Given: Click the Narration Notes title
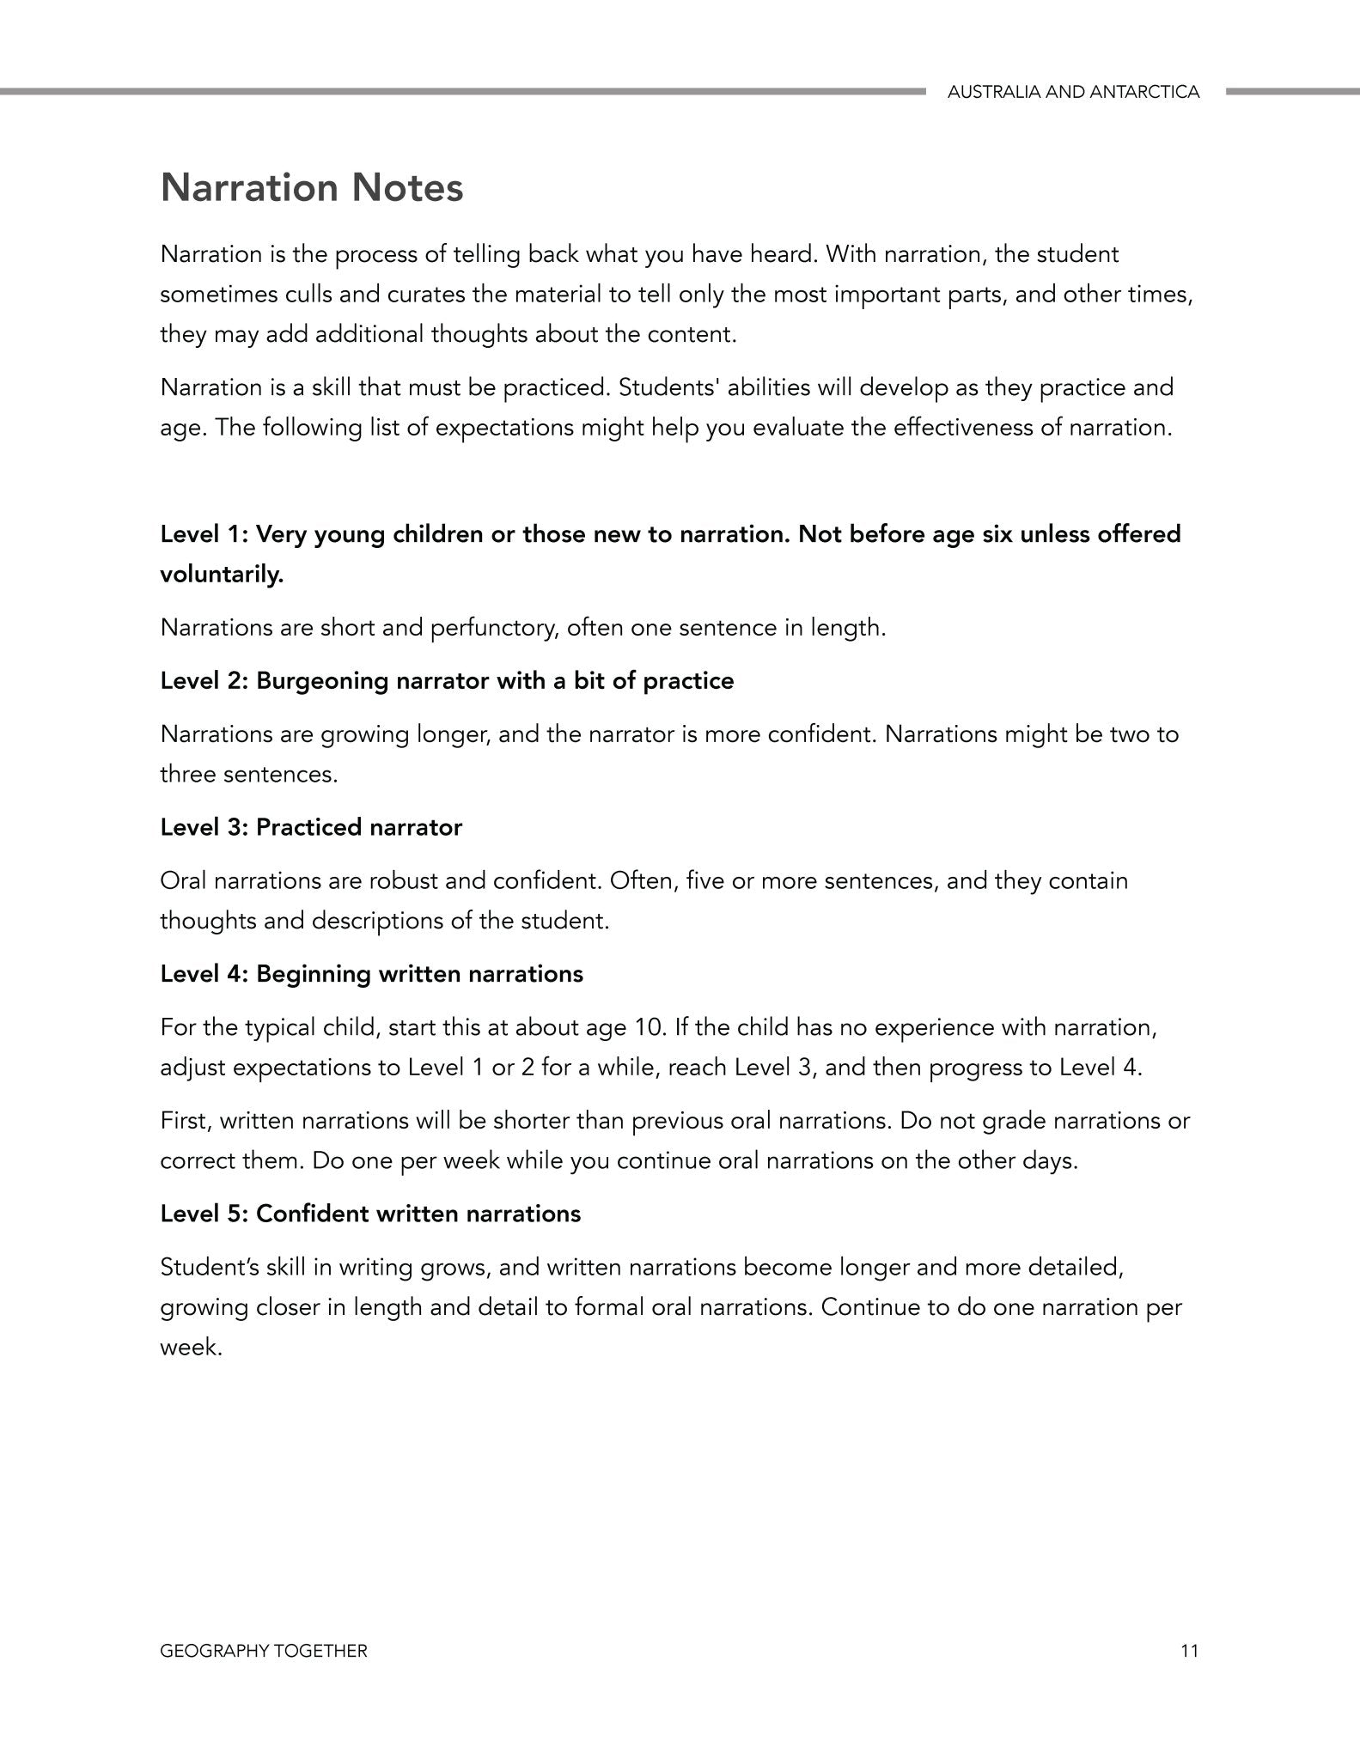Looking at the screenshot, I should coord(312,188).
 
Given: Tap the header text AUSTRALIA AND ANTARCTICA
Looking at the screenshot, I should coord(1073,92).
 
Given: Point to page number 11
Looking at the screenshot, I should coord(1189,1650).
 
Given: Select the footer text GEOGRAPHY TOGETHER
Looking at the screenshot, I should coord(264,1650).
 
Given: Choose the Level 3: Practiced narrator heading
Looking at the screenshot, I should coord(311,827).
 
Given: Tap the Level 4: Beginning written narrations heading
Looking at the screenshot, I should coord(371,974).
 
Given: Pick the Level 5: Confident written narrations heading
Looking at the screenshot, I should coord(370,1214).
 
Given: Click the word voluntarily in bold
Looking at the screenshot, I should coord(222,575).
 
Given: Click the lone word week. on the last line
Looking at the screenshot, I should coord(191,1348).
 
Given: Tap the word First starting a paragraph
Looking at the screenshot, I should coord(183,1121).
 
